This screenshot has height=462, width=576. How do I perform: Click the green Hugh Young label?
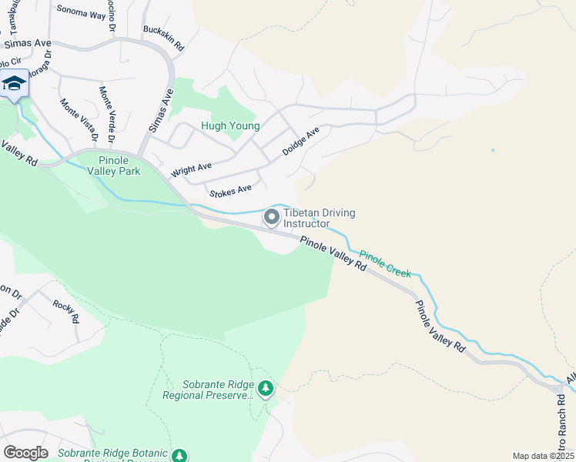click(229, 126)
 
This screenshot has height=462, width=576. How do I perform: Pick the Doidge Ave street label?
click(300, 142)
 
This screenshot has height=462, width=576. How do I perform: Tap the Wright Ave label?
click(191, 168)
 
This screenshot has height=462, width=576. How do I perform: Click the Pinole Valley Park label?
click(114, 165)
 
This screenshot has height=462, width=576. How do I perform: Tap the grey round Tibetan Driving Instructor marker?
click(271, 218)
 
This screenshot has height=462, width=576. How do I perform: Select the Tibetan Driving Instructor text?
click(311, 218)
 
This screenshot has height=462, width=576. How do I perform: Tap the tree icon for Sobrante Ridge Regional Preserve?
click(266, 388)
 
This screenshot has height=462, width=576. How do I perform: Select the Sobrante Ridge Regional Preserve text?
click(207, 390)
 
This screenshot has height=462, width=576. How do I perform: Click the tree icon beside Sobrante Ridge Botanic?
click(179, 456)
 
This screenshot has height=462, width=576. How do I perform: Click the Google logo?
click(25, 453)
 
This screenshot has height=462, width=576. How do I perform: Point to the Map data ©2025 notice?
click(543, 456)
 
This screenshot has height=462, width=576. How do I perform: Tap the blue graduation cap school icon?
click(14, 83)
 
